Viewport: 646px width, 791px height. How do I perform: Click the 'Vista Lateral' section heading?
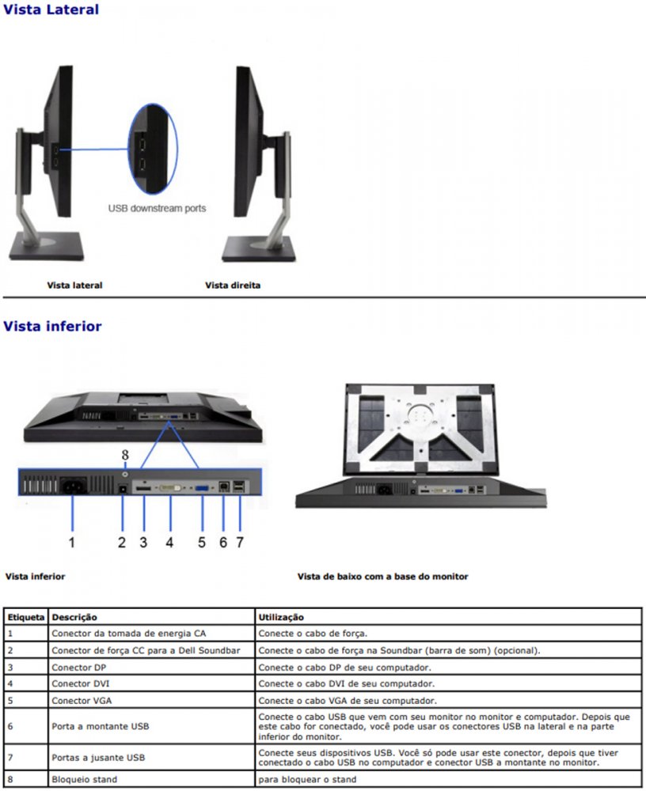(x=51, y=9)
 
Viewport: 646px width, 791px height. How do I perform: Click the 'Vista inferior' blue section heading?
(x=52, y=326)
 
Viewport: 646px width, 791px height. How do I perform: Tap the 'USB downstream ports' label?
(x=157, y=208)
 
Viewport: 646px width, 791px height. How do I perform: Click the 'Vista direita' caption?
(x=233, y=285)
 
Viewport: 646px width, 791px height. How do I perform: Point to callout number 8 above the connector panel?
(x=125, y=455)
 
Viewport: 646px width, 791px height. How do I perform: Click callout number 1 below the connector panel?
(x=72, y=543)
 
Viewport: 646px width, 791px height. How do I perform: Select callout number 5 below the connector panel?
(x=202, y=543)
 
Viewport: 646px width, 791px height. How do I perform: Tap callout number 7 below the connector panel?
(x=239, y=543)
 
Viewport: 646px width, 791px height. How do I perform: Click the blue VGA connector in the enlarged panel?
(x=202, y=488)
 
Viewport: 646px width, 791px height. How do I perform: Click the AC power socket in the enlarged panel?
(x=74, y=486)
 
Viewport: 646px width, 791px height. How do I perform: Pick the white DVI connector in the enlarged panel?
(x=171, y=488)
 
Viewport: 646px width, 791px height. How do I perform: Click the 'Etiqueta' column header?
(x=26, y=618)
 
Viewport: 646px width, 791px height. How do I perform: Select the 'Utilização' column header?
(x=281, y=618)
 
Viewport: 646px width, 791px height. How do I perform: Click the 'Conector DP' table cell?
(x=79, y=668)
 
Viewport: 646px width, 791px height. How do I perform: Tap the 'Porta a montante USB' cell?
(x=101, y=726)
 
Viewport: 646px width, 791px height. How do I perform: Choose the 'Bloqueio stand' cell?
(x=85, y=779)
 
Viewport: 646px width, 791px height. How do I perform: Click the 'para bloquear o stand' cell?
(x=307, y=779)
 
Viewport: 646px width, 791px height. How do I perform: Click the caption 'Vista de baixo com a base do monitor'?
(x=383, y=576)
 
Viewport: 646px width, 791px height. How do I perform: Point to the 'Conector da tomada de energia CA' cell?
(x=129, y=634)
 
